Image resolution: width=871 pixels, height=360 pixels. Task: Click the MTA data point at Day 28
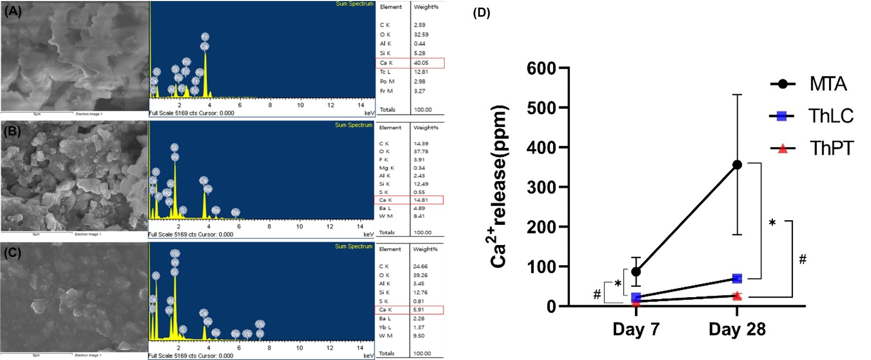click(737, 165)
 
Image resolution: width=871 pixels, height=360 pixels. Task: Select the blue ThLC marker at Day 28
click(737, 278)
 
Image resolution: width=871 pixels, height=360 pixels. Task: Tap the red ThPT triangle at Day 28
click(737, 296)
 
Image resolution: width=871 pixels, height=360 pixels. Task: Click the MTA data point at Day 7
click(636, 272)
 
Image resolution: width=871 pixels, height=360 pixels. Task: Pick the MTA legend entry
click(827, 84)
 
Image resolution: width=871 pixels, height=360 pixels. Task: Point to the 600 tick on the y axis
click(541, 68)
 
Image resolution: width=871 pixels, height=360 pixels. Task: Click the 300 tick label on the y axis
click(541, 187)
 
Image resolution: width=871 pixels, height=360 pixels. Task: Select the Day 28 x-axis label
click(737, 329)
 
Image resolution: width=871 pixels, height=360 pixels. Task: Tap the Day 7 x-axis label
click(636, 329)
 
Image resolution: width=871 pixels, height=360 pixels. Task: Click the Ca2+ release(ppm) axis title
click(498, 186)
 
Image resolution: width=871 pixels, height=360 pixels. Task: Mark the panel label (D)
click(481, 13)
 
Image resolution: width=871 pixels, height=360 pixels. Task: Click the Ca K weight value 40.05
click(421, 63)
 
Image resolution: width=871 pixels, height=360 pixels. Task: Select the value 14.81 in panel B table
click(420, 200)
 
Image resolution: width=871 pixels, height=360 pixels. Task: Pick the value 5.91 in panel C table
click(418, 309)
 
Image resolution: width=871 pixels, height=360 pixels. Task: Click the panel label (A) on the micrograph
click(13, 11)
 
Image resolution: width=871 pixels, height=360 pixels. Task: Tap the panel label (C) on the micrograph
click(13, 253)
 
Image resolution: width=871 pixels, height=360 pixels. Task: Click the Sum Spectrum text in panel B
click(353, 125)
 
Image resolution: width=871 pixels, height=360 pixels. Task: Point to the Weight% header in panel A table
click(426, 7)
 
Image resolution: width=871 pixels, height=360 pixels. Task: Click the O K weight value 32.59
click(421, 34)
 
